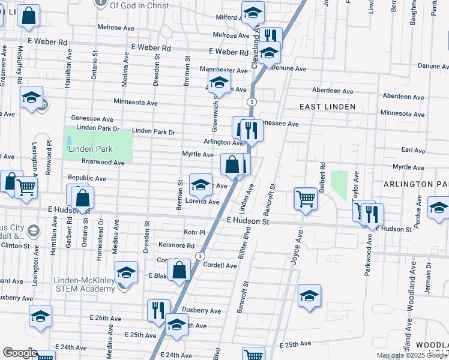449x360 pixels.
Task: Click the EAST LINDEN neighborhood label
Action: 328,107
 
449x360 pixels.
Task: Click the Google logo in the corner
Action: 20,353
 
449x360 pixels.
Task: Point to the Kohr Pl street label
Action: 194,232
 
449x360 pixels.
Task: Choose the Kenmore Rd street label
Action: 176,245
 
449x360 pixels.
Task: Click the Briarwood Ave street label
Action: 103,162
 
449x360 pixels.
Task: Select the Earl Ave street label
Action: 413,150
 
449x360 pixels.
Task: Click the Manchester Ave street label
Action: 224,70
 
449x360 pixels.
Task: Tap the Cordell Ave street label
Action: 220,265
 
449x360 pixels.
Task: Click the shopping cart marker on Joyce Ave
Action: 306,197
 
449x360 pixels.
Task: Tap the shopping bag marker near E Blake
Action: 179,269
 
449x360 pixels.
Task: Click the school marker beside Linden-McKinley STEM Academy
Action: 126,272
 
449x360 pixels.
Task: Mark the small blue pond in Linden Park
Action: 69,142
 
